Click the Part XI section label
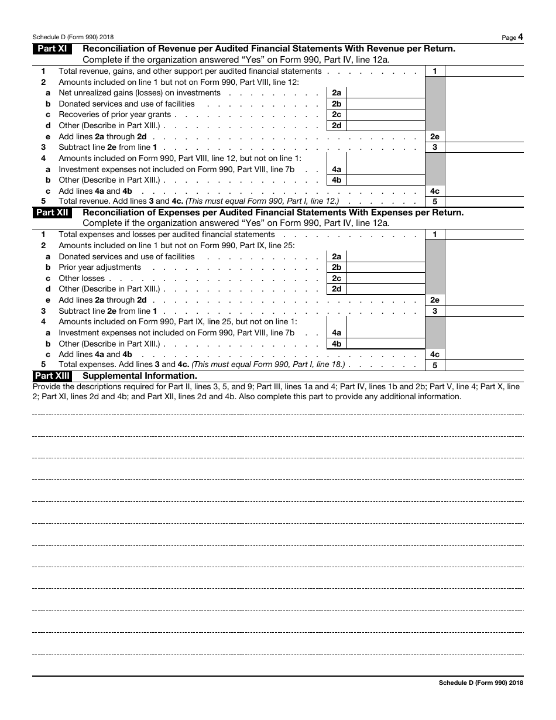(x=52, y=49)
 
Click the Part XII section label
(x=52, y=212)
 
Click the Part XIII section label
(x=52, y=376)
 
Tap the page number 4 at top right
(x=520, y=37)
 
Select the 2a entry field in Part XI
(x=386, y=93)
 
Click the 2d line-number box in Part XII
(x=337, y=289)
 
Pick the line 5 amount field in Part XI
(x=484, y=201)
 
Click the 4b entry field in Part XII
(x=386, y=344)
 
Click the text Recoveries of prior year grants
(x=115, y=115)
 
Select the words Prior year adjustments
(x=99, y=268)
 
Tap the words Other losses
(x=81, y=279)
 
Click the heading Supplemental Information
(x=140, y=376)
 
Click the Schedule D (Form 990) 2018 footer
(x=481, y=683)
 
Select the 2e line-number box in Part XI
(x=434, y=136)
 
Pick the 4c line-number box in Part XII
(x=434, y=355)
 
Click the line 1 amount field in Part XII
(x=484, y=235)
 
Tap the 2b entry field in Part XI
(x=386, y=104)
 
